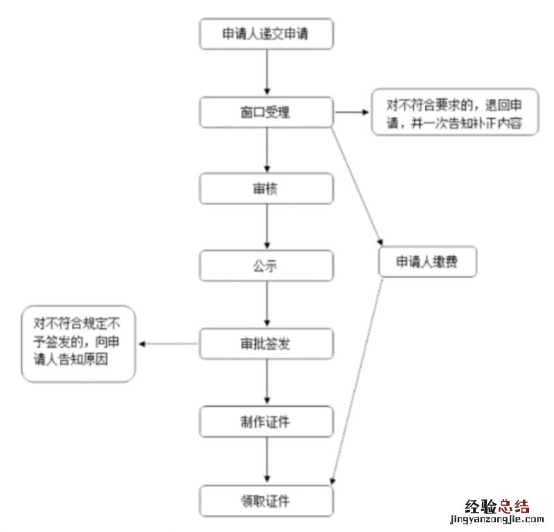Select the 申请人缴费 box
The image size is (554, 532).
coord(427,263)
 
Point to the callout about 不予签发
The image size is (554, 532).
coord(78,342)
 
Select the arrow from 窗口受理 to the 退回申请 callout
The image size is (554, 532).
coord(353,112)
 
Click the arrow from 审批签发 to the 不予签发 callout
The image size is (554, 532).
coord(169,344)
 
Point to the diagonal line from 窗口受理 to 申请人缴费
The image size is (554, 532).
coord(358,180)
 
